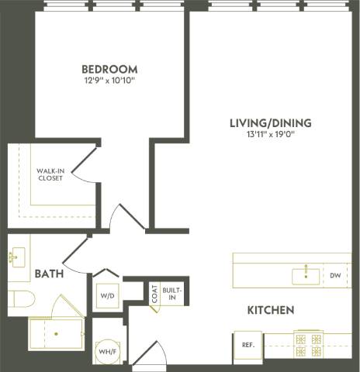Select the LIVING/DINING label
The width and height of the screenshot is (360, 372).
pos(270,122)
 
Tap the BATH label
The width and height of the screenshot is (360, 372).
pos(49,274)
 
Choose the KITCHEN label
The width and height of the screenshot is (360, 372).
pos(270,310)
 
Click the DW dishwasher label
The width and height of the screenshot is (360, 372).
pos(334,275)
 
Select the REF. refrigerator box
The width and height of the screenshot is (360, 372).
pos(249,344)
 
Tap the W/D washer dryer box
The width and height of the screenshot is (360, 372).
pos(106,295)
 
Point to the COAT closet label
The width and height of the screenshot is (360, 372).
pos(154,294)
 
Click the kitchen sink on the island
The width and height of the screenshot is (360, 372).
pos(306,274)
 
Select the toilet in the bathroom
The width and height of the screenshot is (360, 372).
pos(21,299)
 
